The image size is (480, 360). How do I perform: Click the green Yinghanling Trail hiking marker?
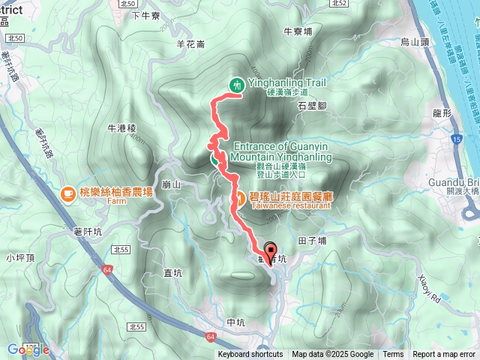coord(237,85)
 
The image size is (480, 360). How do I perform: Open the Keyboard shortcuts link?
coord(250,355)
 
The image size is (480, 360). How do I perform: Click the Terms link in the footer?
coord(393,355)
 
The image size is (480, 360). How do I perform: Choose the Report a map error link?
coord(445,355)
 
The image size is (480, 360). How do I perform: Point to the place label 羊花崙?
coord(190,44)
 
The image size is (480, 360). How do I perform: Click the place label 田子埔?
coord(312,240)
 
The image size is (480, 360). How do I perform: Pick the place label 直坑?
coord(175,273)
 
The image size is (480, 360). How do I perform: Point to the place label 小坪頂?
coord(20,257)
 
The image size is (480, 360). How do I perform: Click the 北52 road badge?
coord(340,4)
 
